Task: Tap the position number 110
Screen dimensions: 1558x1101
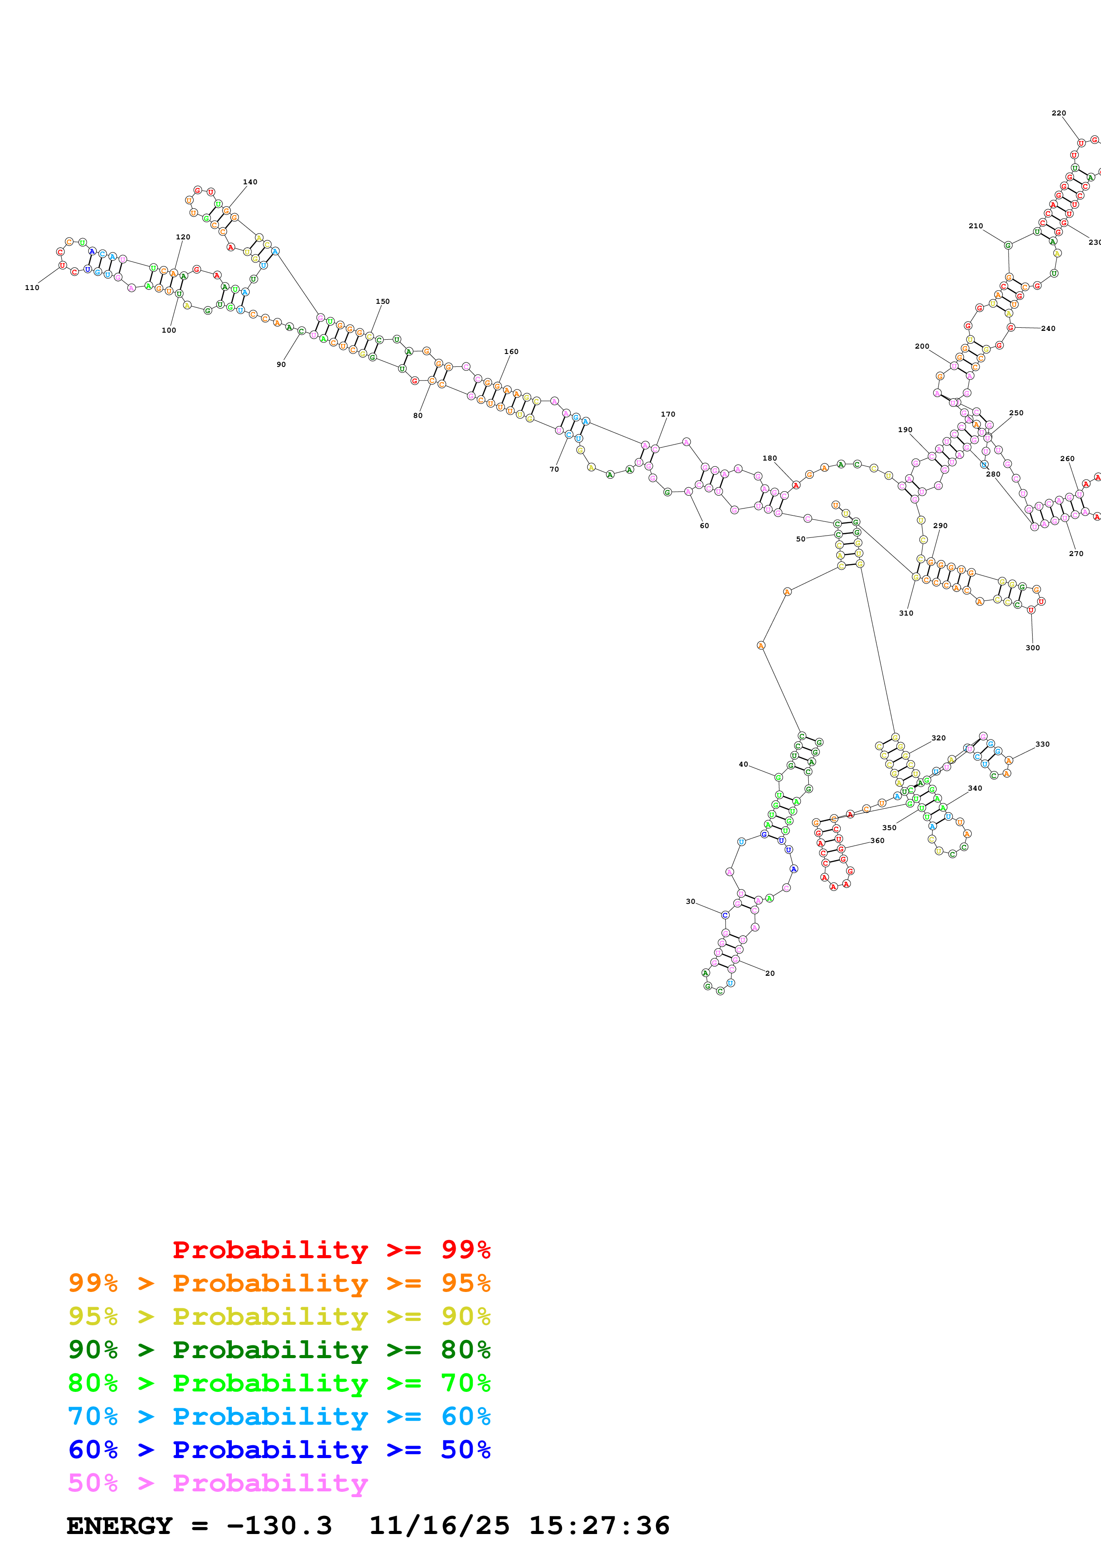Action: pyautogui.click(x=32, y=288)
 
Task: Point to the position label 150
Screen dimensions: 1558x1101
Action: pyautogui.click(x=382, y=301)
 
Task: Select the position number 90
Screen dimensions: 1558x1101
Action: pyautogui.click(x=281, y=364)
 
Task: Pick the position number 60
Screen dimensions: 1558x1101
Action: pyautogui.click(x=704, y=526)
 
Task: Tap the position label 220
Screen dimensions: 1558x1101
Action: pyautogui.click(x=1058, y=113)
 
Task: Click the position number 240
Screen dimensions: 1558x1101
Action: pyautogui.click(x=1048, y=328)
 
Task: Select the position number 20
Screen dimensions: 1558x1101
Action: pyautogui.click(x=770, y=973)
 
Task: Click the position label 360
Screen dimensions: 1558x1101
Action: pyautogui.click(x=877, y=841)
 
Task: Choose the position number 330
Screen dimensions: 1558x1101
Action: pyautogui.click(x=1042, y=744)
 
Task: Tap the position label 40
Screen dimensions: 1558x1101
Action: pyautogui.click(x=743, y=764)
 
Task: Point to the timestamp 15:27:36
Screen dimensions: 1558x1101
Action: pyautogui.click(x=599, y=1526)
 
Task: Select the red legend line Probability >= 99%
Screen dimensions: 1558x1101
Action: pyautogui.click(x=331, y=1249)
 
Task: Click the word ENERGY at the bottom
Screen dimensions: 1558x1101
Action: pyautogui.click(x=119, y=1526)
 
